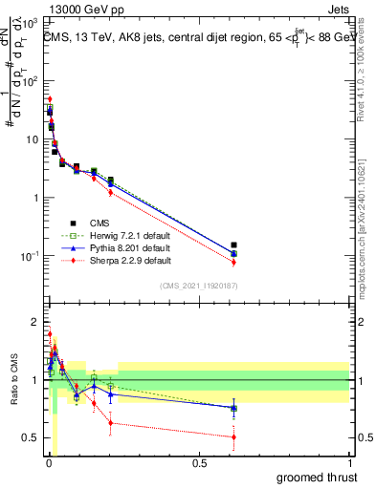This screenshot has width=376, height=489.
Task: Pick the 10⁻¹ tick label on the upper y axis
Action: [31, 256]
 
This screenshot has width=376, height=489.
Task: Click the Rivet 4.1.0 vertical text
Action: [367, 72]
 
